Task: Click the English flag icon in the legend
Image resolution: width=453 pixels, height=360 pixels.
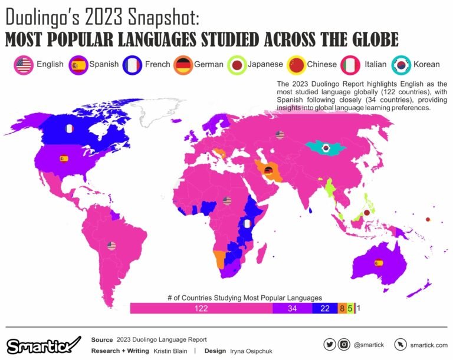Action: pyautogui.click(x=23, y=65)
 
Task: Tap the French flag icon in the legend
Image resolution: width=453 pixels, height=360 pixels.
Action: pyautogui.click(x=132, y=65)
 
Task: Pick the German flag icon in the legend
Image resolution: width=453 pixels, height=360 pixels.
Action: pyautogui.click(x=183, y=65)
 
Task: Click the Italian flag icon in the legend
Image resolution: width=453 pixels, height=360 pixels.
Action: pyautogui.click(x=352, y=65)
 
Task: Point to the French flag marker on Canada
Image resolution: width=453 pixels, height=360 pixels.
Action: pyautogui.click(x=69, y=128)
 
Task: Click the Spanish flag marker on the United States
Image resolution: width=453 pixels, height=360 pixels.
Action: pyautogui.click(x=63, y=158)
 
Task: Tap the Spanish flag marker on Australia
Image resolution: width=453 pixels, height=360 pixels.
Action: pyautogui.click(x=379, y=262)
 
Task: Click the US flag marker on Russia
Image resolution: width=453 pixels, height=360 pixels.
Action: pyautogui.click(x=280, y=135)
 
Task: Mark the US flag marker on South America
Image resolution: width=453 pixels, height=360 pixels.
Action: pyautogui.click(x=111, y=246)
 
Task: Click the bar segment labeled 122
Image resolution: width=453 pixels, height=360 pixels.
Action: pyautogui.click(x=201, y=308)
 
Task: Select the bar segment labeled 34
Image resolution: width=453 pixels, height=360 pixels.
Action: pyautogui.click(x=291, y=308)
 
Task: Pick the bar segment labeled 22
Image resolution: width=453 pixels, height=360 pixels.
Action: pyautogui.click(x=324, y=308)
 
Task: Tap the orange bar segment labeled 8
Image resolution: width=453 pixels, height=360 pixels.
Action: pyautogui.click(x=342, y=308)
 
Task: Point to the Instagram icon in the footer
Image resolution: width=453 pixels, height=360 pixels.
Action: pyautogui.click(x=343, y=344)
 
